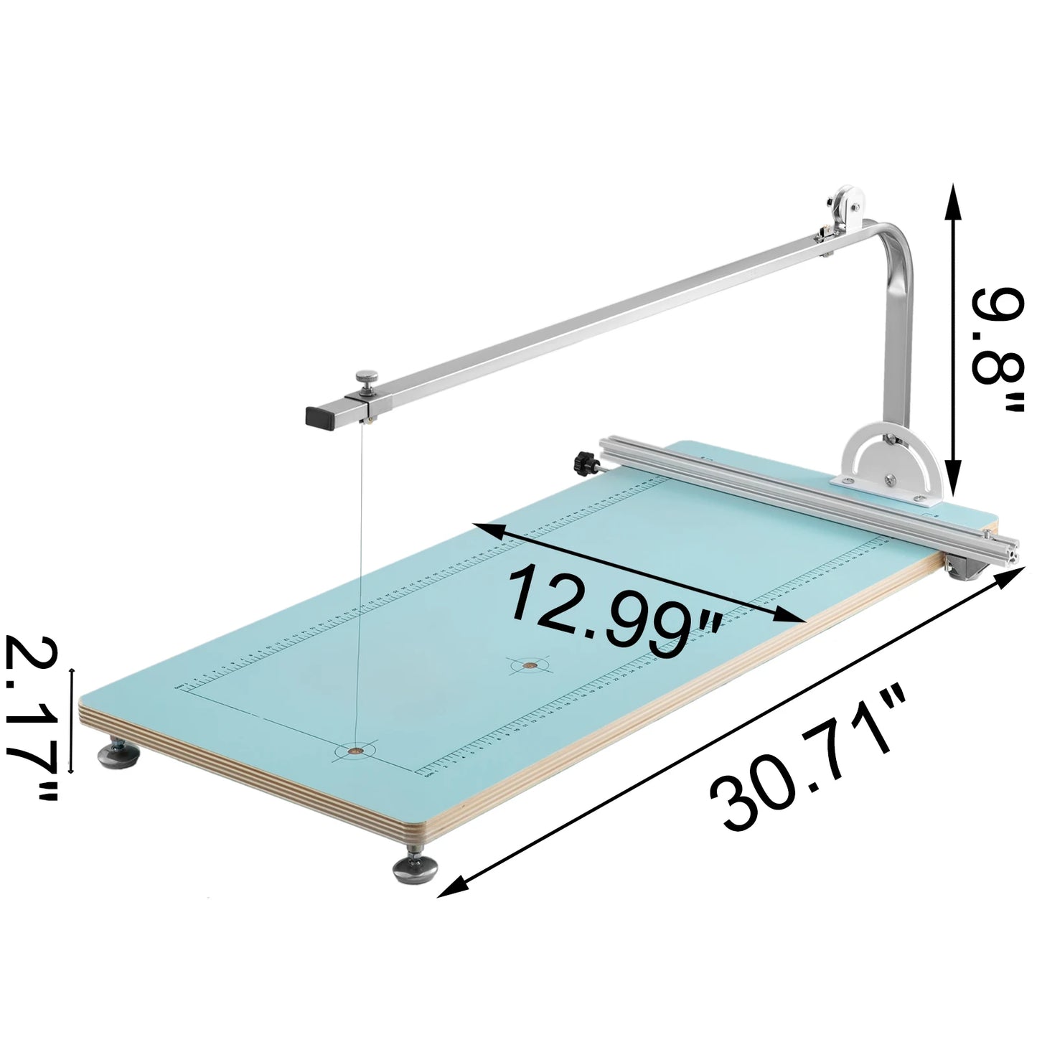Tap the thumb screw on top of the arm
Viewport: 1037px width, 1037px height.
point(367,377)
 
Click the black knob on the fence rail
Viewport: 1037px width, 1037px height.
point(584,463)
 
